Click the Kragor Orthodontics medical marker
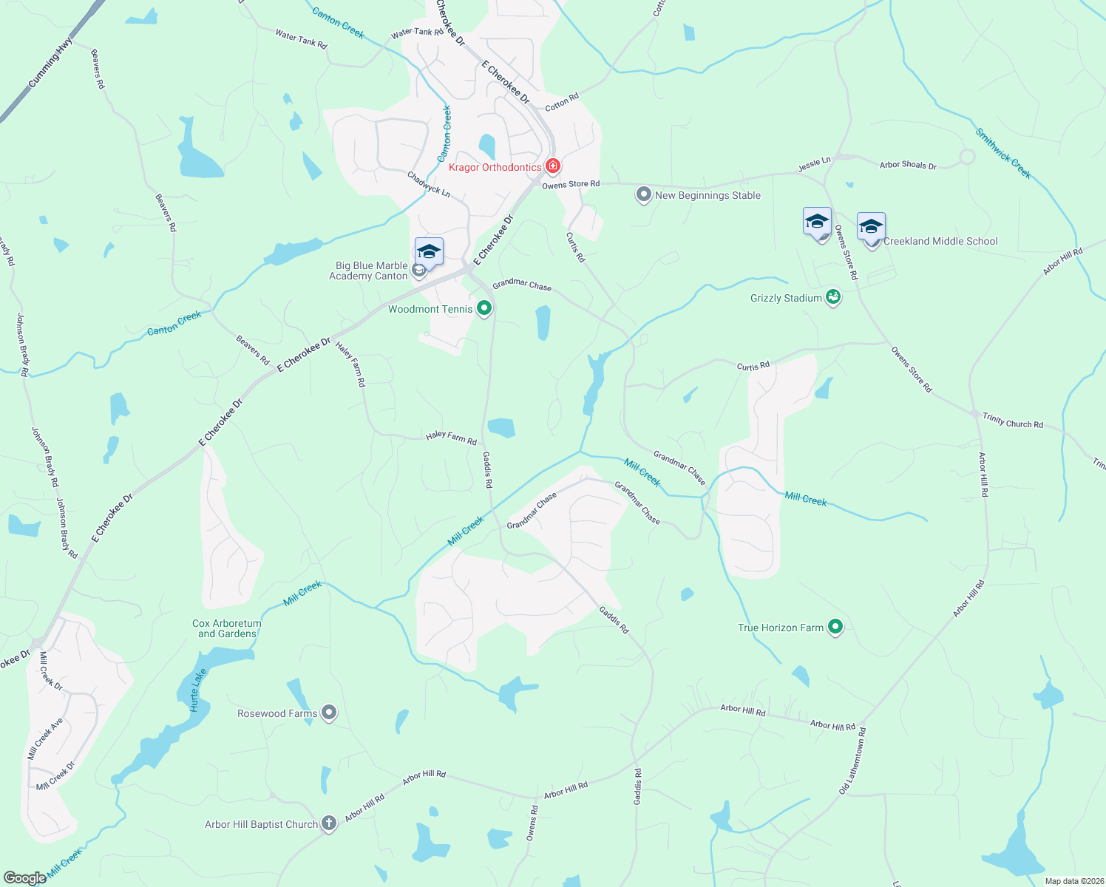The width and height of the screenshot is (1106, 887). (552, 166)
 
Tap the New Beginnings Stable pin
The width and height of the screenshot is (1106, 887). (643, 194)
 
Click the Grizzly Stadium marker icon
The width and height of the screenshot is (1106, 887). (833, 297)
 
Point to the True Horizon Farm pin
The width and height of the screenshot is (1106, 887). (835, 627)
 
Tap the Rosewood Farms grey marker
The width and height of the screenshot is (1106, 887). (329, 713)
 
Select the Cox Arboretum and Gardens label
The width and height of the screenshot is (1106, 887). (227, 628)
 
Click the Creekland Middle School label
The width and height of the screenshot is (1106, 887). (940, 241)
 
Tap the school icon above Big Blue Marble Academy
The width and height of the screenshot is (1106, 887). (429, 252)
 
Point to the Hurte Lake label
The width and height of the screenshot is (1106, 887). (197, 690)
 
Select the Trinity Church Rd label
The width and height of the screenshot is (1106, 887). (1012, 421)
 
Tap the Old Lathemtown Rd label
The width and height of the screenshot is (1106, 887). (852, 760)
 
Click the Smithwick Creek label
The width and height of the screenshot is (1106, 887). (1002, 153)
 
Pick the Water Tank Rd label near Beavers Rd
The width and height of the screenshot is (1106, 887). (301, 39)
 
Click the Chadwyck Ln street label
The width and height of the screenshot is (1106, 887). (429, 184)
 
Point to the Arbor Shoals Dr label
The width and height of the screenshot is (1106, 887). (908, 165)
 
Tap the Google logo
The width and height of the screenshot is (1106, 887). (24, 877)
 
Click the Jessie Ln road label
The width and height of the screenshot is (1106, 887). (814, 164)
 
